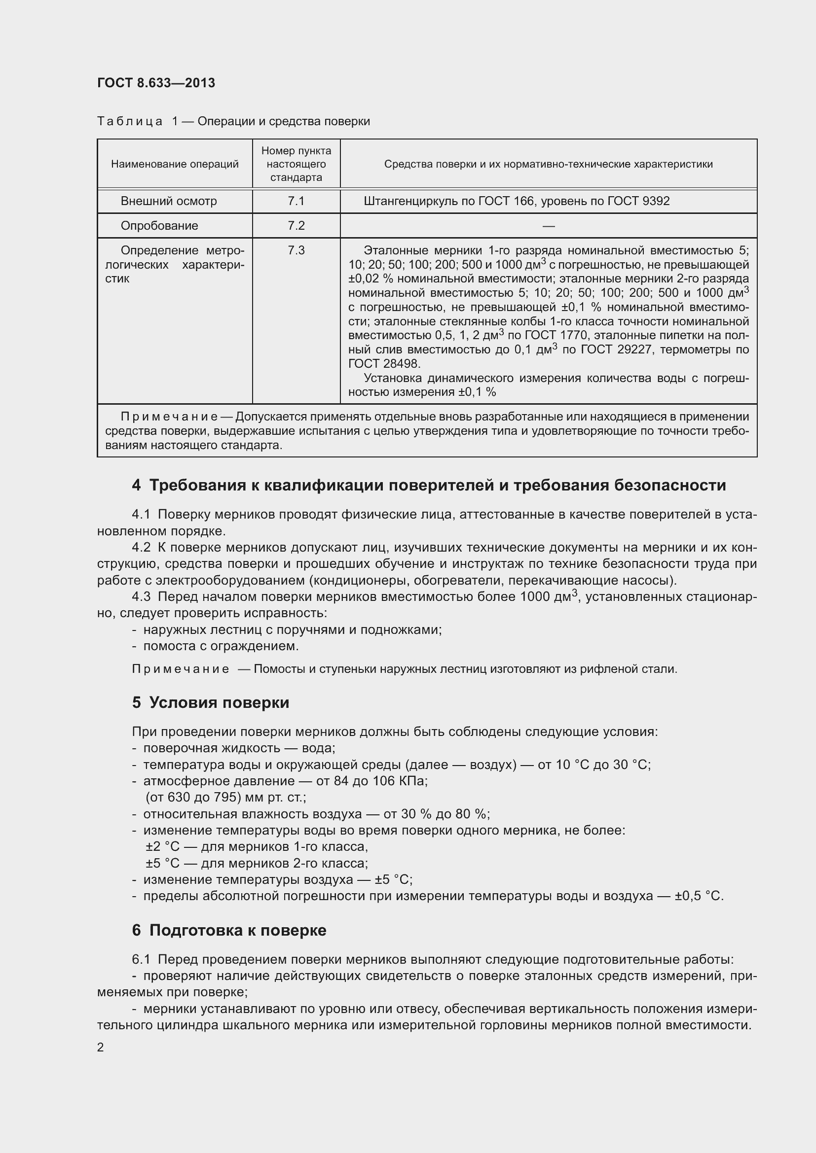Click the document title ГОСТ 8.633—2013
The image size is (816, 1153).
(156, 83)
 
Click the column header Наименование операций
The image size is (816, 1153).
(174, 164)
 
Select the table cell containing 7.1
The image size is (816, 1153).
(296, 202)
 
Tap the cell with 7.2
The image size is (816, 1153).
(296, 226)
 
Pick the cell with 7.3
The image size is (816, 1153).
(296, 250)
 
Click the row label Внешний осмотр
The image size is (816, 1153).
(168, 202)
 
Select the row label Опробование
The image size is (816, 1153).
(159, 226)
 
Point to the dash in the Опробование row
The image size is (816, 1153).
(548, 226)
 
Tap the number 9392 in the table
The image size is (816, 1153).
(656, 202)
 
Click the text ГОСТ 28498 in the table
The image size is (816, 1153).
(383, 364)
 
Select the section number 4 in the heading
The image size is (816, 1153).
(136, 485)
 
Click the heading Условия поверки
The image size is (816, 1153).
(219, 702)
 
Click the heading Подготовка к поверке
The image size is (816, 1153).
(238, 930)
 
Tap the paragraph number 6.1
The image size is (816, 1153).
(141, 959)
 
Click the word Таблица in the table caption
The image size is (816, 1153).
(130, 122)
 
